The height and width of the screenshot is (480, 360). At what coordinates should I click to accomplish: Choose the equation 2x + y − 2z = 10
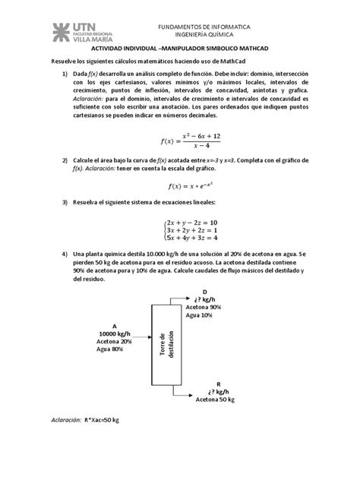(197, 219)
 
